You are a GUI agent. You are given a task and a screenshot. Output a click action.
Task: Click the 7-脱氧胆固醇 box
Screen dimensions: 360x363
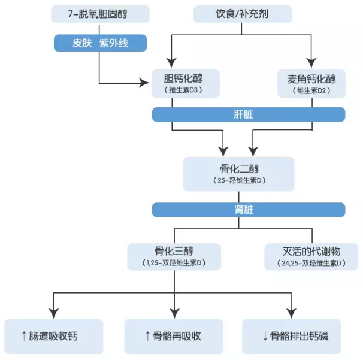coord(99,13)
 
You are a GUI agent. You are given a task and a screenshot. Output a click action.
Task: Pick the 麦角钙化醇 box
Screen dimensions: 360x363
coord(311,83)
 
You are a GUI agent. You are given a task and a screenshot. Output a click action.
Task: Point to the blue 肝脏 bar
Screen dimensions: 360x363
coord(248,114)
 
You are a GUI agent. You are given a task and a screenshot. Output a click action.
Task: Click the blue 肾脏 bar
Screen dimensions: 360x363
coord(248,210)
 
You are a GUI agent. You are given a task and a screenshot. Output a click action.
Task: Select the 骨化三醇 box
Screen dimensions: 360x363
coord(174,255)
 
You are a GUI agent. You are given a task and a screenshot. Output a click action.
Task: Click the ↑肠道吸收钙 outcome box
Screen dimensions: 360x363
coord(54,335)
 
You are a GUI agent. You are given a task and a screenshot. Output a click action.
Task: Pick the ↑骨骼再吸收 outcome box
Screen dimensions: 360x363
coord(174,335)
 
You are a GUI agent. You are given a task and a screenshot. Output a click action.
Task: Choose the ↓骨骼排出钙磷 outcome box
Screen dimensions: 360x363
coord(292,335)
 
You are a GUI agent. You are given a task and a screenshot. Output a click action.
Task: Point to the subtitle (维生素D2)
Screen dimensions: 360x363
coord(311,90)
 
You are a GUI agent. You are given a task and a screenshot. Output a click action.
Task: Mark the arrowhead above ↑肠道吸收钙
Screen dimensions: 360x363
coord(54,313)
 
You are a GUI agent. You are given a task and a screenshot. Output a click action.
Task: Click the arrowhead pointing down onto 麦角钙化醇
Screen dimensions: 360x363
coord(311,61)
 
